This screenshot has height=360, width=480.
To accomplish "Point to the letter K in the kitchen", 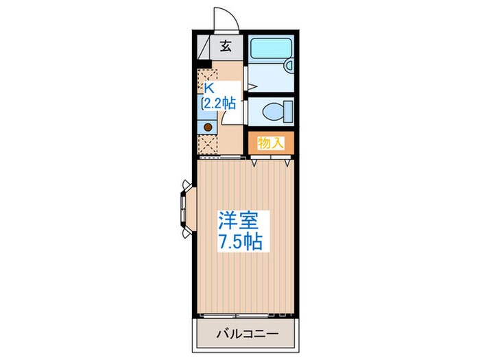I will pos(208,88).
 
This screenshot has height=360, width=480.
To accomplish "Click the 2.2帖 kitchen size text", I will pos(219,104).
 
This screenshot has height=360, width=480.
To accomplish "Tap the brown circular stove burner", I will pos(206,127).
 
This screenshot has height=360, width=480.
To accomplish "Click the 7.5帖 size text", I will pos(239,242).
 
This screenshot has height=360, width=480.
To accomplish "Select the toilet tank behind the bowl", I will pos(288,110).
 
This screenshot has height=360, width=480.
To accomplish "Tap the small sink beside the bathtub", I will pos(289,66).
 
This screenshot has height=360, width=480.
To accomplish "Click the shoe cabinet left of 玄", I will pos(204,47).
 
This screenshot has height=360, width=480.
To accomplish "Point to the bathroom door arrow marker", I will pos(251,86).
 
